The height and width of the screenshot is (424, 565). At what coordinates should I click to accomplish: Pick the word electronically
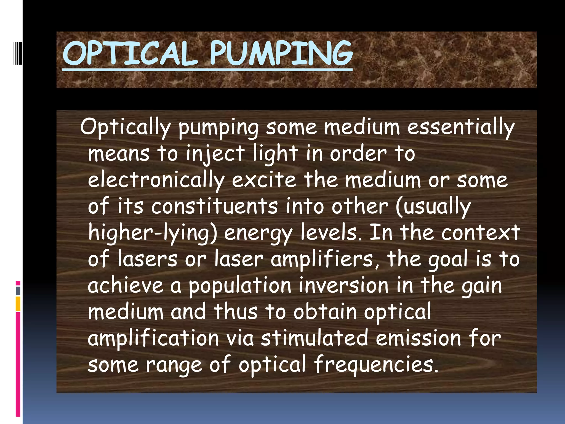[x=156, y=181]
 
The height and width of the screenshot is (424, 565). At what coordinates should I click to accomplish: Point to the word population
[x=240, y=286]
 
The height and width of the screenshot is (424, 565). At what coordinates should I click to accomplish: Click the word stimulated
[x=315, y=338]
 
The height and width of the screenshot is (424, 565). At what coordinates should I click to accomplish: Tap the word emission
[x=418, y=338]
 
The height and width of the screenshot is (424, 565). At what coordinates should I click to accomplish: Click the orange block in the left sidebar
[x=18, y=304]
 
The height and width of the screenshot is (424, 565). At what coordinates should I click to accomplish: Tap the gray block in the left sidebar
[x=18, y=291]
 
